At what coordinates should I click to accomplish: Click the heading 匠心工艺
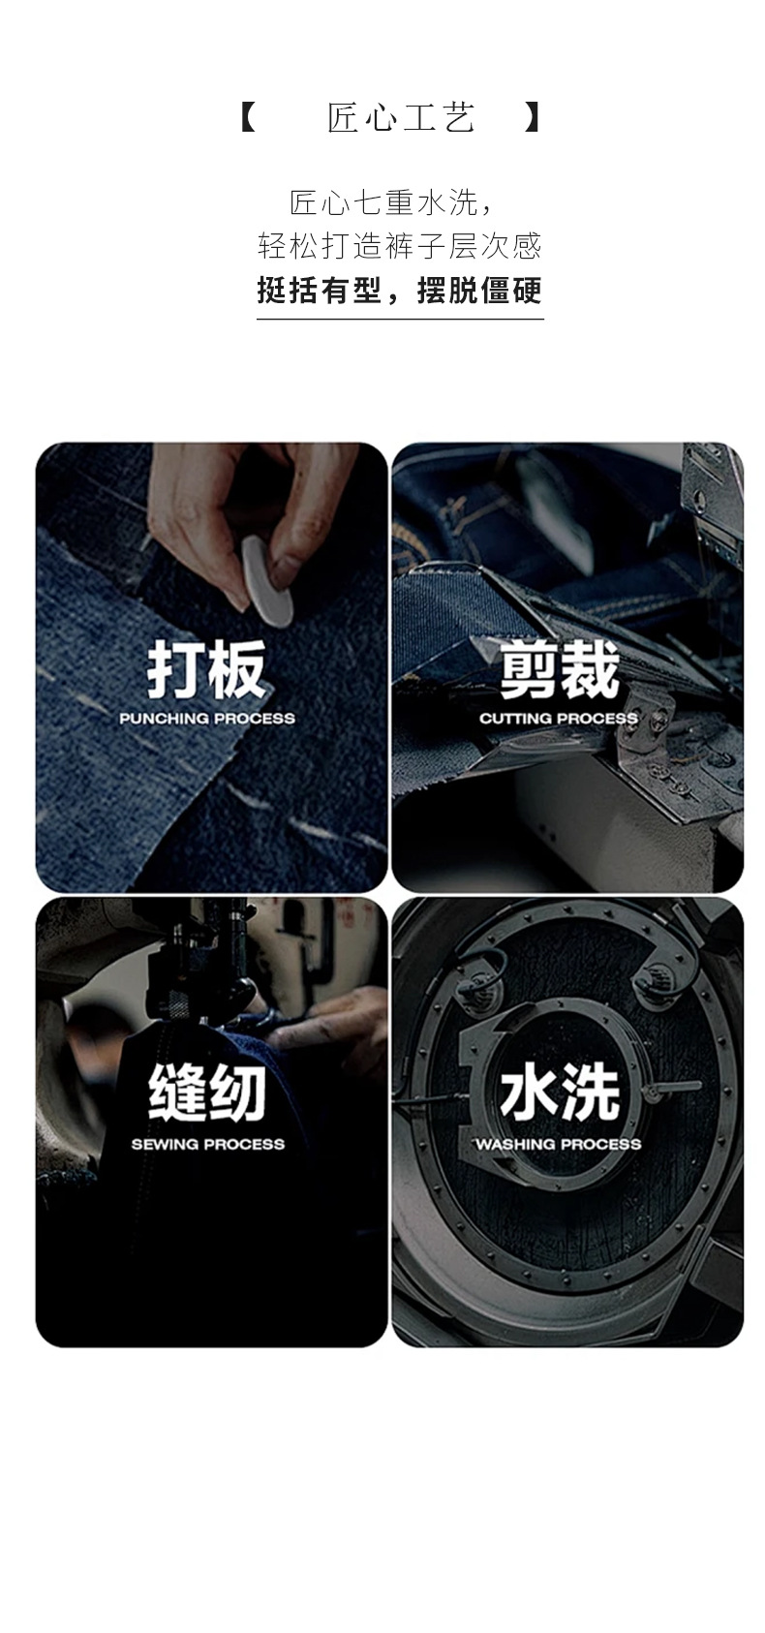coord(401,117)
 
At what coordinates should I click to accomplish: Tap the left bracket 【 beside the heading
coord(249,117)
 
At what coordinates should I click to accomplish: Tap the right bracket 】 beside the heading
coord(533,117)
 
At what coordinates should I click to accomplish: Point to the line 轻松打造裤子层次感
coord(400,246)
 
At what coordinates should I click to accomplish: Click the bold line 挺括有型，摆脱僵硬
coord(400,290)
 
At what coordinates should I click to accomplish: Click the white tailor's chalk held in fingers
coord(267,580)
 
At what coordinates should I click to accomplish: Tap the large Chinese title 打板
coord(207,670)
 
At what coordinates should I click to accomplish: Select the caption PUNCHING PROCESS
coord(207,719)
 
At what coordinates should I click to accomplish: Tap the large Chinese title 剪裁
coord(560,670)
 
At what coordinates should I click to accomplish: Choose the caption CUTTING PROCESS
coord(559,719)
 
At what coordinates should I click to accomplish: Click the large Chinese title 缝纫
coord(207,1093)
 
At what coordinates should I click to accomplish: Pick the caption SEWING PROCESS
coord(207,1145)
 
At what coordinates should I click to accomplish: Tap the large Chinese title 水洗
coord(560,1093)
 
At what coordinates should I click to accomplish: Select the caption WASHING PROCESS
coord(559,1145)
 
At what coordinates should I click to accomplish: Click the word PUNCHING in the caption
coord(164,719)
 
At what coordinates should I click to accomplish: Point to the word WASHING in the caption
coord(512,1145)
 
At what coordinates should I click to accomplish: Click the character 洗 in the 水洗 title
coord(591,1093)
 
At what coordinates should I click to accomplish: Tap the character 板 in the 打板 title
coord(237,670)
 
